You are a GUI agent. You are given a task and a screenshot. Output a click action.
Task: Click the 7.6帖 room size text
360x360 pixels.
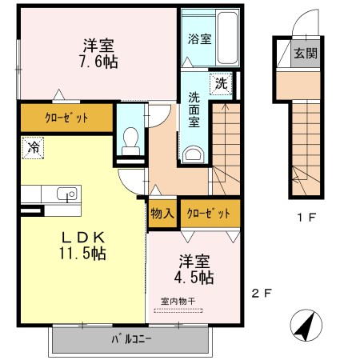click(98, 62)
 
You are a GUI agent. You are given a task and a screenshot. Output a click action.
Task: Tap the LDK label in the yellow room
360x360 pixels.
click(83, 237)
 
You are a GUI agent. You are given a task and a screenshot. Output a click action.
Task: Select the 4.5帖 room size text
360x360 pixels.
click(194, 278)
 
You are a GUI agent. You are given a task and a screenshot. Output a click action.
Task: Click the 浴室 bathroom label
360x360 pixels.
click(200, 39)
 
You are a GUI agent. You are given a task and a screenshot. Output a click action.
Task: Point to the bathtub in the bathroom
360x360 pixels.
click(227, 38)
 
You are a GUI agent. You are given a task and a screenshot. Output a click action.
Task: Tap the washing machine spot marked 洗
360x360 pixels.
click(221, 84)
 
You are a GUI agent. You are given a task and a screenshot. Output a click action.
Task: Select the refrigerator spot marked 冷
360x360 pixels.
click(33, 148)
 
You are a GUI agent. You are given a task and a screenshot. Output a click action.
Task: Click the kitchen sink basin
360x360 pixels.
click(67, 194)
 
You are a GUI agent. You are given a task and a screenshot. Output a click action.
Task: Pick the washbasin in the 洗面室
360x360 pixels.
click(194, 154)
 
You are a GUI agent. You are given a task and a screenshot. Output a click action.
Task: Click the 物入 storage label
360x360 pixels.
click(162, 214)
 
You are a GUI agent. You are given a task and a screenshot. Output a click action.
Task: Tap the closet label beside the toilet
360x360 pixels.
click(66, 118)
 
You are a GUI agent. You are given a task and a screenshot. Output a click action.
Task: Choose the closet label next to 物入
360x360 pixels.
click(209, 214)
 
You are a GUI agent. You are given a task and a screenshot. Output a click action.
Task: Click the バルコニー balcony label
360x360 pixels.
click(131, 339)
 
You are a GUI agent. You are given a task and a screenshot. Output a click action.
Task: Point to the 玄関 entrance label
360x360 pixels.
click(306, 53)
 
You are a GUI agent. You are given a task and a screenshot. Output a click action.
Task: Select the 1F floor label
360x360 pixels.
click(306, 218)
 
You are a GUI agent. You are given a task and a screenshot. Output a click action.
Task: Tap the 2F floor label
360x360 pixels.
click(262, 294)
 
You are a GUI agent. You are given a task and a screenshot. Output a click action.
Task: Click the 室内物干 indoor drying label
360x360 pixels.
click(178, 302)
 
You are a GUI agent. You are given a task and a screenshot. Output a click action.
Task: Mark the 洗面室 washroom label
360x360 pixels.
click(194, 110)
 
